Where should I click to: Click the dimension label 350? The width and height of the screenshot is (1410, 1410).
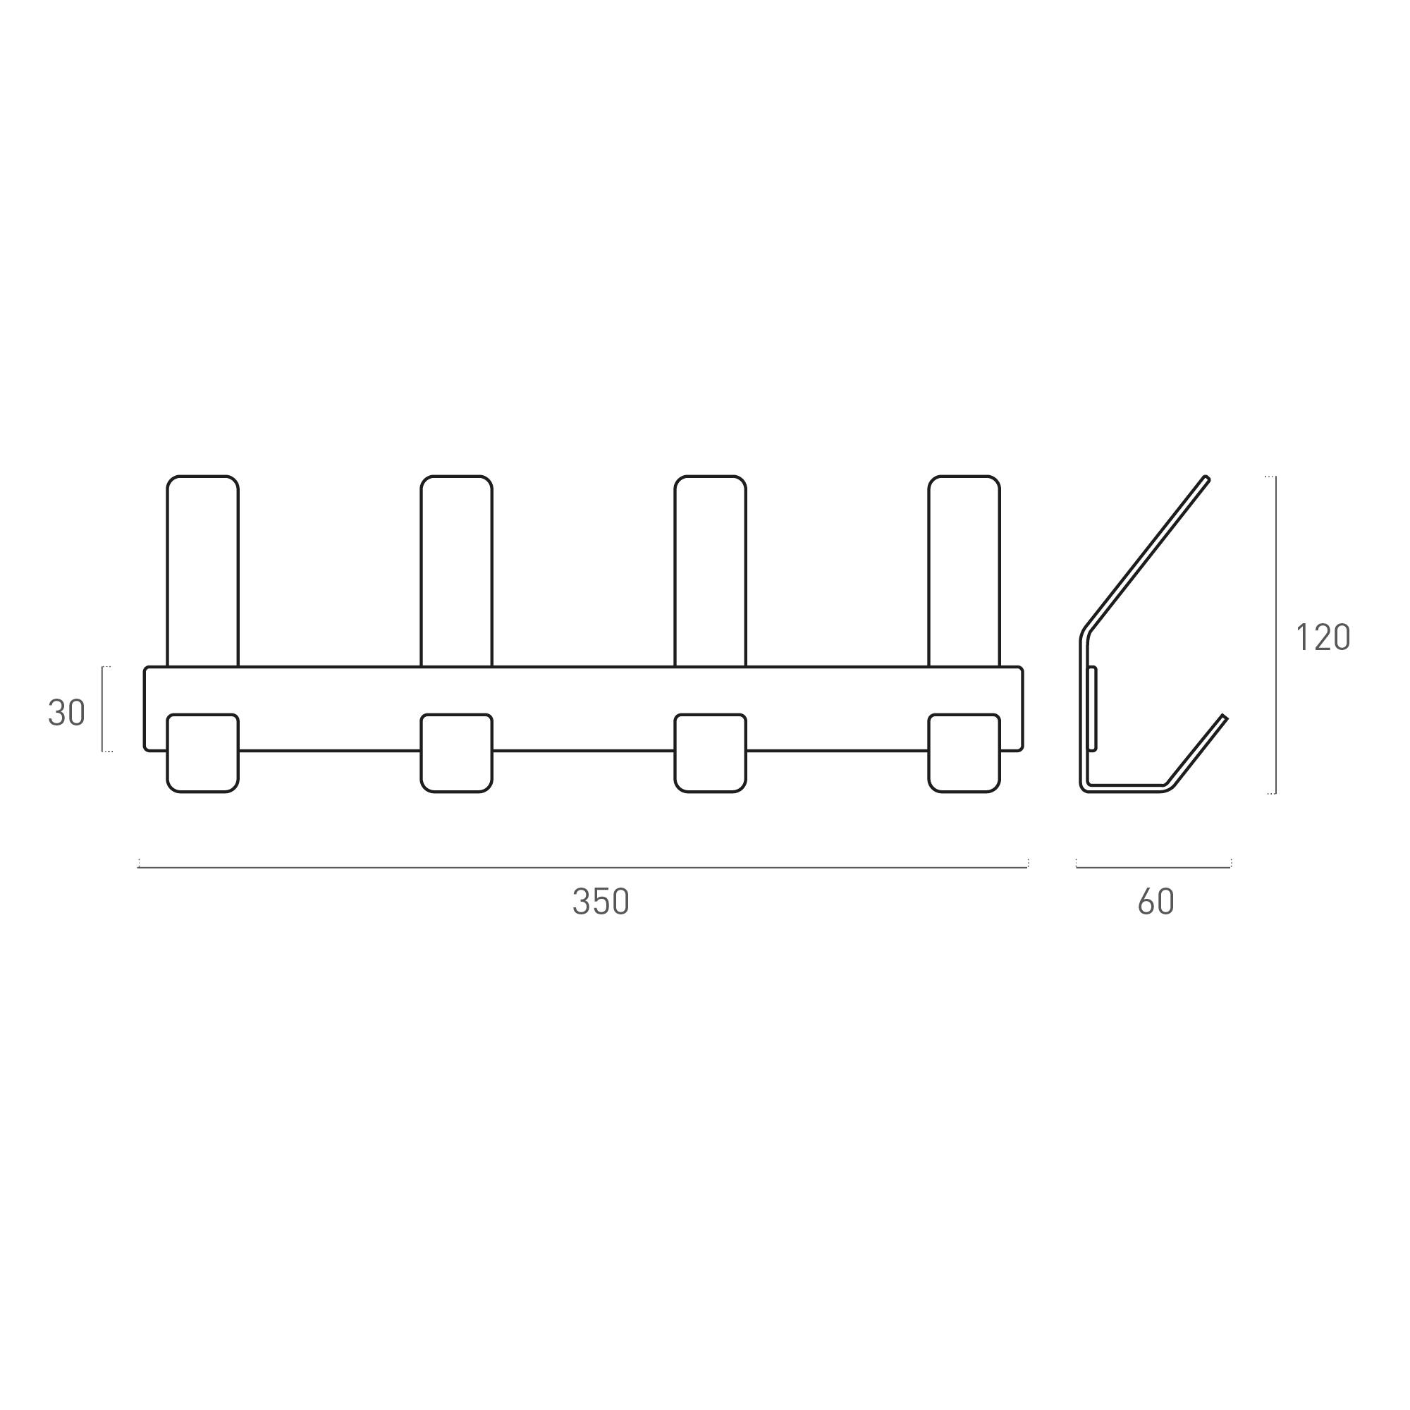point(601,902)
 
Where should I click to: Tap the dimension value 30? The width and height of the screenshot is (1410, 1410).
point(66,713)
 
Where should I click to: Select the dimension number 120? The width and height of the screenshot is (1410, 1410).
point(1323,638)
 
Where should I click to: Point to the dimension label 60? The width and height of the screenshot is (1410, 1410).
point(1156,902)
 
